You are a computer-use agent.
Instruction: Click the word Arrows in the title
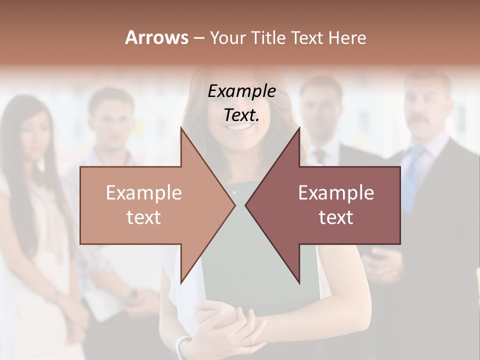pyautogui.click(x=156, y=37)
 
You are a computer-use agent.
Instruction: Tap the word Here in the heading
pyautogui.click(x=347, y=37)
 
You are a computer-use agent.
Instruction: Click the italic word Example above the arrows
pyautogui.click(x=242, y=91)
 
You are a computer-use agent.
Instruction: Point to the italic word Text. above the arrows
pyautogui.click(x=242, y=115)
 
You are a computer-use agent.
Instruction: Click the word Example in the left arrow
pyautogui.click(x=144, y=193)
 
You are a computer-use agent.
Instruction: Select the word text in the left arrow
pyautogui.click(x=144, y=217)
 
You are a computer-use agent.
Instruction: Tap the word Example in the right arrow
pyautogui.click(x=336, y=193)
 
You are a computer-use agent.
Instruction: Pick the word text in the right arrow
pyautogui.click(x=336, y=217)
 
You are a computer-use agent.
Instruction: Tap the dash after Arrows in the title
pyautogui.click(x=198, y=38)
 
